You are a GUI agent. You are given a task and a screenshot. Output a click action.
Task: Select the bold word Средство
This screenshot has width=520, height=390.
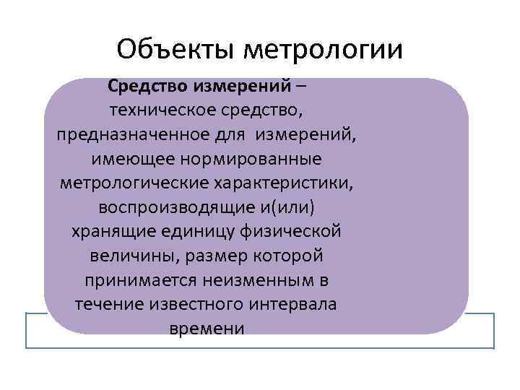(148, 87)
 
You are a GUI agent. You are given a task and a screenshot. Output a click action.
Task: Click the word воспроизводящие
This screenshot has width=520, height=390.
(173, 207)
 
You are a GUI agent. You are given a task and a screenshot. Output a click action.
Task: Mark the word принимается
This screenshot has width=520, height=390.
(133, 280)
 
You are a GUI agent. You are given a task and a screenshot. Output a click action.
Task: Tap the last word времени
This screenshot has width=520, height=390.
(207, 329)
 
